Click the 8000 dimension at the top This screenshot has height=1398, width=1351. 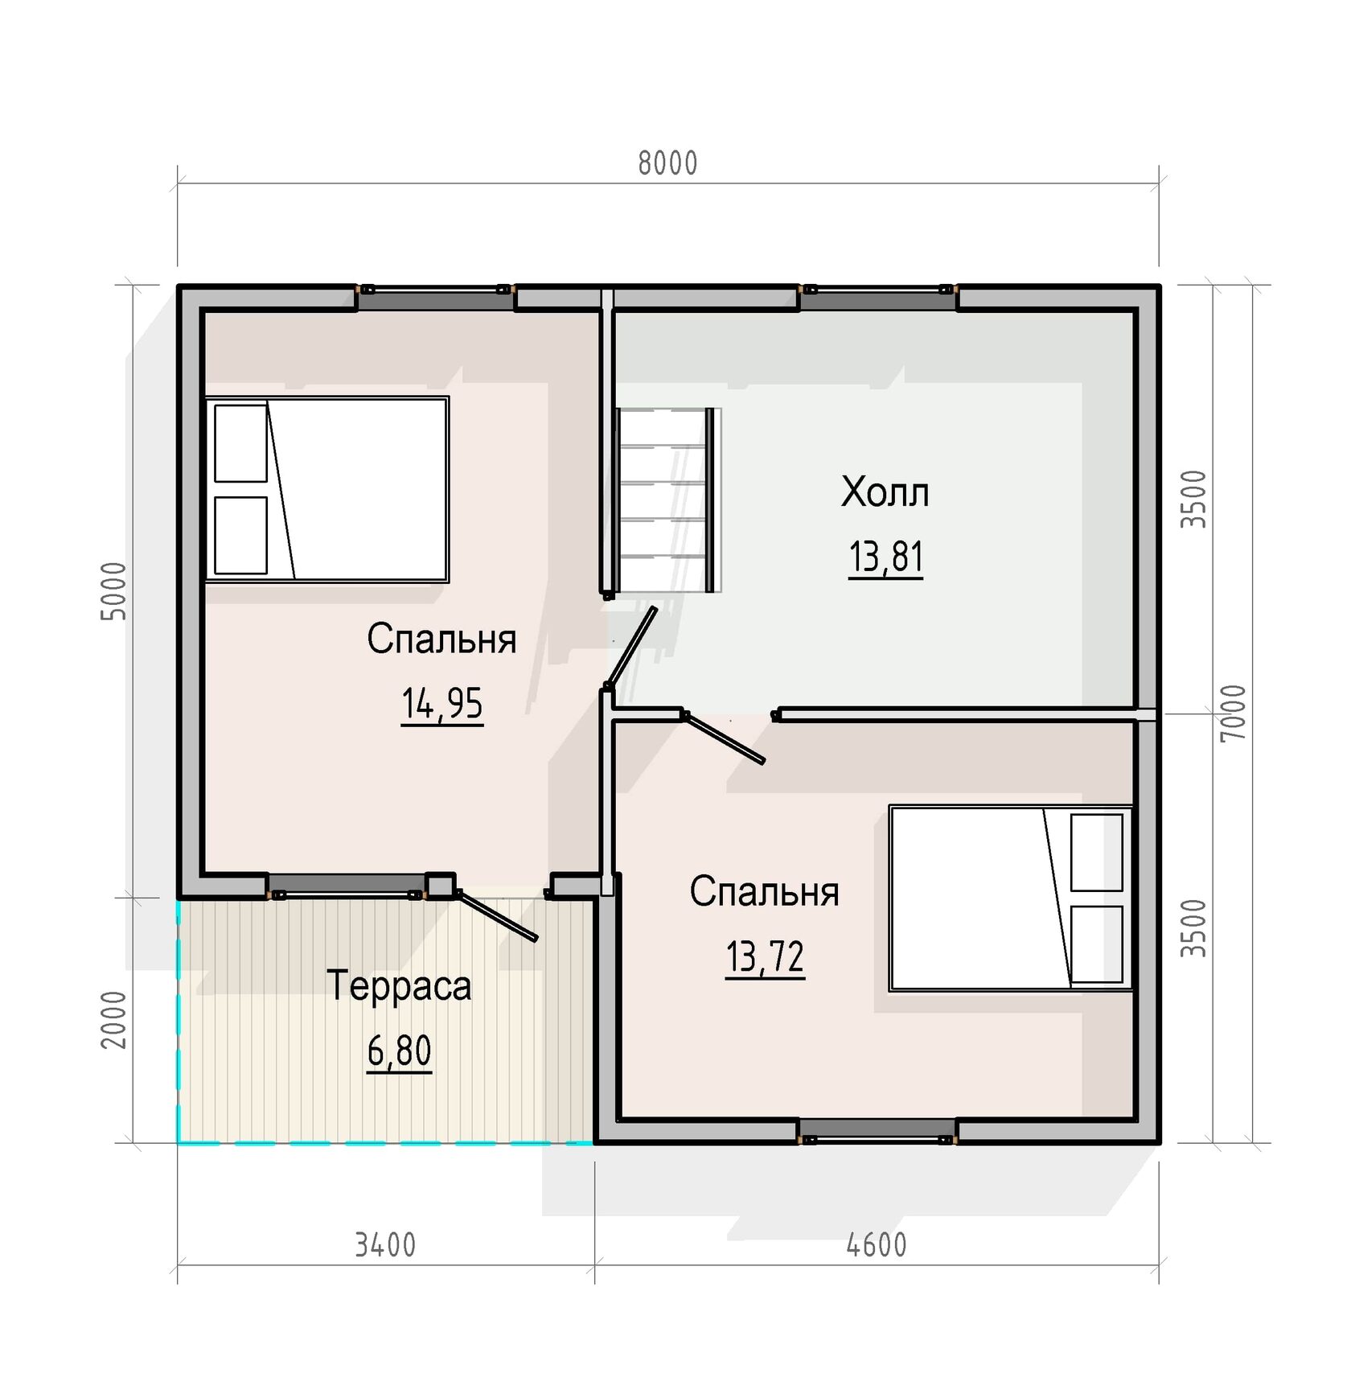pyautogui.click(x=667, y=163)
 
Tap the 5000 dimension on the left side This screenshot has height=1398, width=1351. pyautogui.click(x=114, y=590)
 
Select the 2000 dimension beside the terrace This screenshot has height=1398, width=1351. pyautogui.click(x=114, y=1019)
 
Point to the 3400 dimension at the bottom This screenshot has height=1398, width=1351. pyautogui.click(x=385, y=1245)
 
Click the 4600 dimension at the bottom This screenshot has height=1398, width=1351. pyautogui.click(x=877, y=1245)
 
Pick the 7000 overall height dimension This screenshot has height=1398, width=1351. pyautogui.click(x=1233, y=713)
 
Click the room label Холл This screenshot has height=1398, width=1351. pyautogui.click(x=885, y=492)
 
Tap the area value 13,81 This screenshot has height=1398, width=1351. pyautogui.click(x=885, y=557)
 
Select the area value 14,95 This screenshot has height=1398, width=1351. pyautogui.click(x=441, y=704)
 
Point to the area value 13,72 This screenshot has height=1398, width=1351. pyautogui.click(x=765, y=957)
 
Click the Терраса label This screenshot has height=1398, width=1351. pyautogui.click(x=399, y=986)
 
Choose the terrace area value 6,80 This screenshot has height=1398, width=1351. pyautogui.click(x=400, y=1051)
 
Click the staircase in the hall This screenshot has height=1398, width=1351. pyautogui.click(x=667, y=500)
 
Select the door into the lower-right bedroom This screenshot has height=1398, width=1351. pyautogui.click(x=723, y=738)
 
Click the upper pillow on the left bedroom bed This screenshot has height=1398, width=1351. pyautogui.click(x=240, y=443)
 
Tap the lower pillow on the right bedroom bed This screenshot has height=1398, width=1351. pyautogui.click(x=1097, y=944)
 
